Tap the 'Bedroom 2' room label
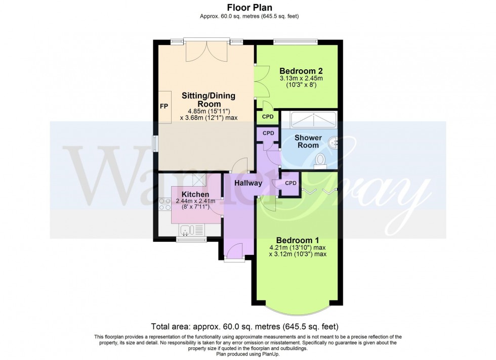coord(301,71)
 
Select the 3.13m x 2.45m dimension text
coord(301,78)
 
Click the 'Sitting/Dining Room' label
coord(209,99)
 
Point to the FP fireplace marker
coord(164,107)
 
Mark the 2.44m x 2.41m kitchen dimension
coord(195,201)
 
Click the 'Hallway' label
coord(248,183)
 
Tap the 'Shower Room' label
coord(308,142)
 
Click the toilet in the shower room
coord(320,160)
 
